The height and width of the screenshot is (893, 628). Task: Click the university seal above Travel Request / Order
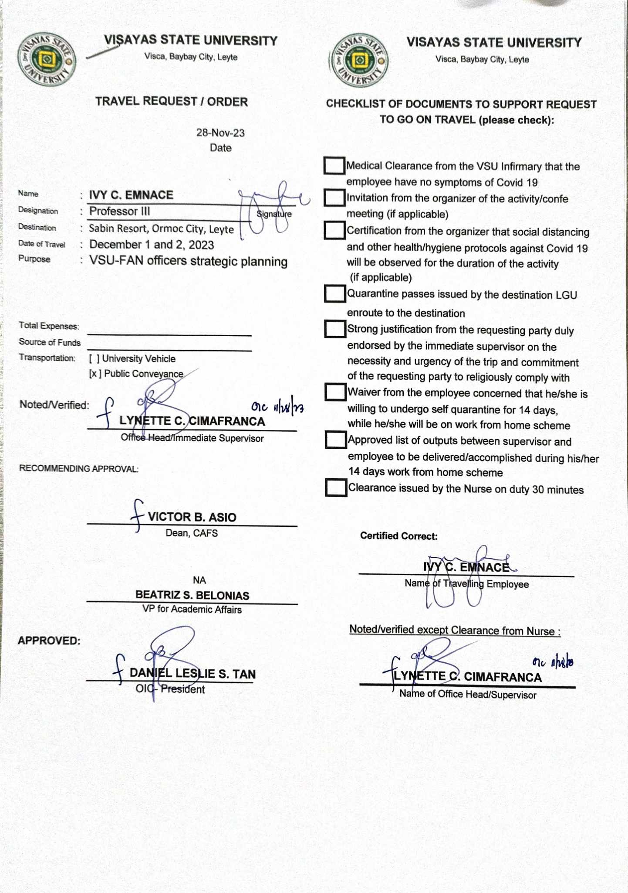47,59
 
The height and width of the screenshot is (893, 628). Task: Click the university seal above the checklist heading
360,60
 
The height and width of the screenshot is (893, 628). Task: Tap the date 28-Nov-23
220,133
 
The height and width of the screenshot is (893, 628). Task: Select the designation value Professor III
119,211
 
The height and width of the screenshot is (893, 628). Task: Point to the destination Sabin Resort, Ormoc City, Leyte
161,229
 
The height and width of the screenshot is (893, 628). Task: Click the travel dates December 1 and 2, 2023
152,245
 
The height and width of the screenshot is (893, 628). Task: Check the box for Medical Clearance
334,166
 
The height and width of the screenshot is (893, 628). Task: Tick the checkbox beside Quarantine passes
335,293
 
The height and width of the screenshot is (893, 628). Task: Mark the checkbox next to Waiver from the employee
335,392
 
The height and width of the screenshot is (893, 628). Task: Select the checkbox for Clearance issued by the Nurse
336,487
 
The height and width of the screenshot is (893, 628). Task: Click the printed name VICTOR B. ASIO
192,517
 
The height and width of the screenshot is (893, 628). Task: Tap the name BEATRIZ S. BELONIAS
192,595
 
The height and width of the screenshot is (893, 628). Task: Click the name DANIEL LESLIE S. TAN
192,674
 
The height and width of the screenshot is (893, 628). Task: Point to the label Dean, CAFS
192,533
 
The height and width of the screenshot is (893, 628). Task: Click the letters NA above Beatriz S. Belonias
199,580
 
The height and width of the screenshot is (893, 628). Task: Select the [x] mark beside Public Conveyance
93,374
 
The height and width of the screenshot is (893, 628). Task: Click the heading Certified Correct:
398,536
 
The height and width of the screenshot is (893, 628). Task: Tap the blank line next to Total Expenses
169,330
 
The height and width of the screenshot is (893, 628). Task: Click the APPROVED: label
49,641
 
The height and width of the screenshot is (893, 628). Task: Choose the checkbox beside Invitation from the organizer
334,198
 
